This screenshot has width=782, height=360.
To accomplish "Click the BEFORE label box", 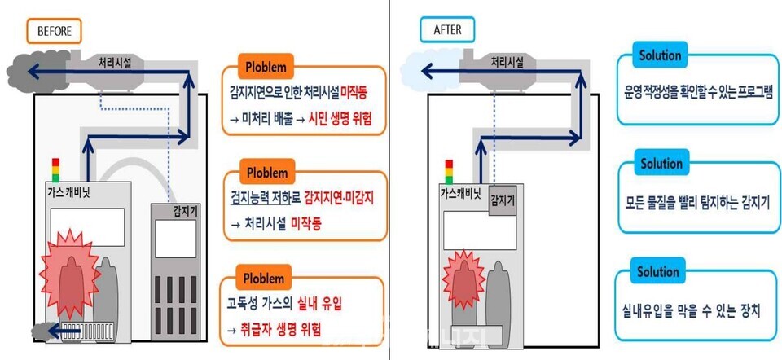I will click(x=55, y=32).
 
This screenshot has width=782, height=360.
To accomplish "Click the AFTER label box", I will click(x=446, y=32).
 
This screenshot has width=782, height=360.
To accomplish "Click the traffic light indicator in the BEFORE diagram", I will click(x=56, y=170).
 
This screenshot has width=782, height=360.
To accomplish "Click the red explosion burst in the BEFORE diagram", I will click(x=72, y=269).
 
